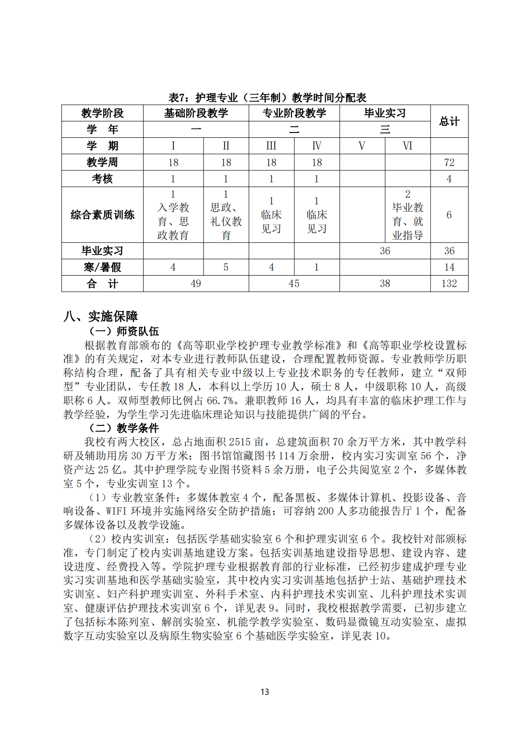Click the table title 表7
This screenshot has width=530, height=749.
267,98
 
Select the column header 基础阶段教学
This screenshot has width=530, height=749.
196,113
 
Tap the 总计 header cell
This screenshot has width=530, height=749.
449,121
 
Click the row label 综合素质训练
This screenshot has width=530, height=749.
102,215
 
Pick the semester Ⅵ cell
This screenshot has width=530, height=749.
407,146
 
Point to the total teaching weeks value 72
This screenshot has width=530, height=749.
449,162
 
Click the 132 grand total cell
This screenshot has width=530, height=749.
449,284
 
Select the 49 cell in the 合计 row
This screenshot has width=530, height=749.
196,284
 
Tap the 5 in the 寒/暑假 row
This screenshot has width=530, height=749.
226,267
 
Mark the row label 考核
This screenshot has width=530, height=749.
102,179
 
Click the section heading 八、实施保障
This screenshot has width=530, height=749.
101,316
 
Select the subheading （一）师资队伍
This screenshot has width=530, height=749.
124,331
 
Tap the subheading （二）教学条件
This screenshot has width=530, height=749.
124,428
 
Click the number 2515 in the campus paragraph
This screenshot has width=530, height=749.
241,442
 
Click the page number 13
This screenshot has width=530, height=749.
265,692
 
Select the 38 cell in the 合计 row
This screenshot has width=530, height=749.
385,284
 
